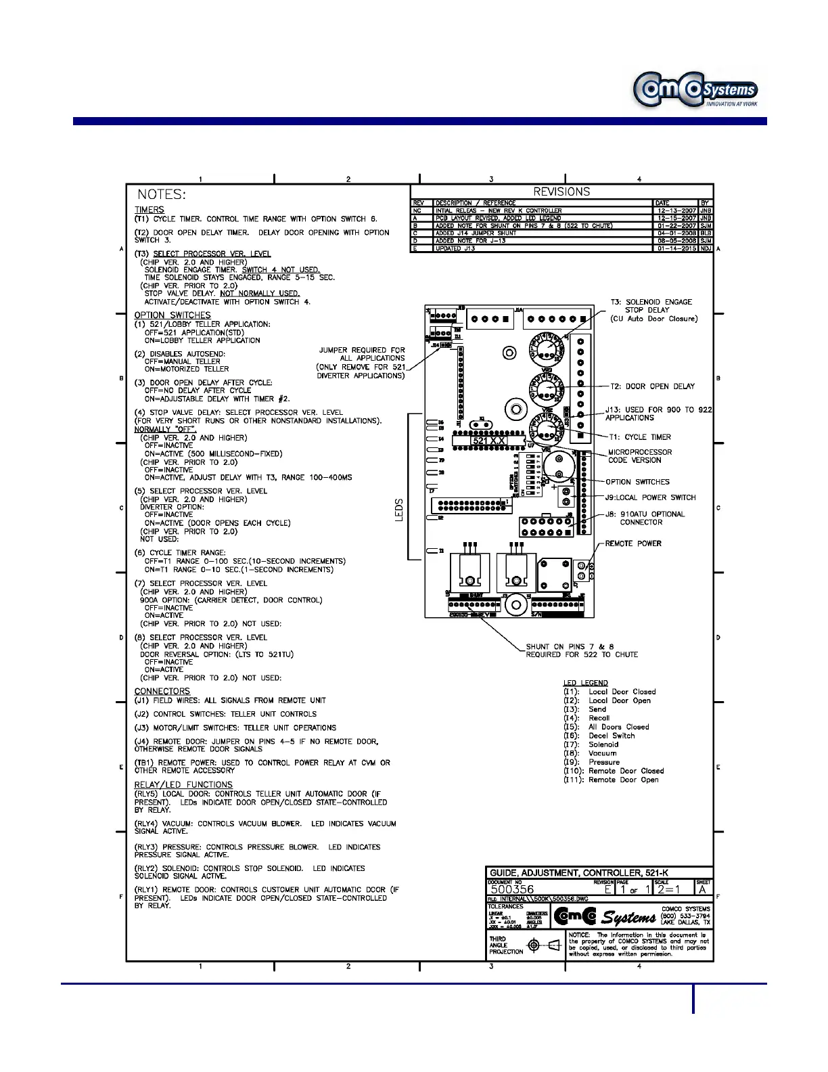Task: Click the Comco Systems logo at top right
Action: [x=695, y=90]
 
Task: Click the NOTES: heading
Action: [x=162, y=194]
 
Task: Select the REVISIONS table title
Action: [x=561, y=192]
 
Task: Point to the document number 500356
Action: [x=512, y=889]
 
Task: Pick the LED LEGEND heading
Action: [x=586, y=683]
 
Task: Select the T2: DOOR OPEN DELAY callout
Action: [x=652, y=386]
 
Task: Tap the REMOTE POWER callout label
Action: [x=633, y=543]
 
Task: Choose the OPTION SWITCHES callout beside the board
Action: [x=637, y=482]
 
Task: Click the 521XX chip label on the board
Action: [x=488, y=441]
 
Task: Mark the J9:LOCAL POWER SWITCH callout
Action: [x=650, y=497]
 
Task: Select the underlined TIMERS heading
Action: [x=149, y=210]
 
